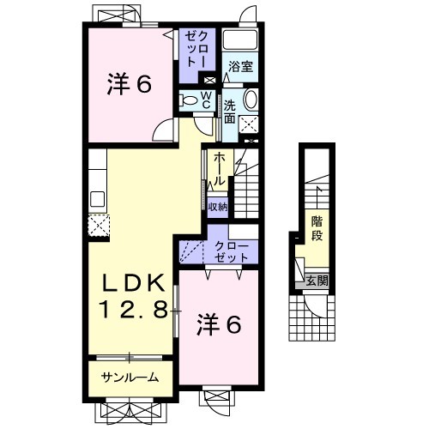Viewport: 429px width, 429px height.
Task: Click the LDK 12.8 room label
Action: (133, 296)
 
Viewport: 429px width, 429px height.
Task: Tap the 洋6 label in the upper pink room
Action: (129, 84)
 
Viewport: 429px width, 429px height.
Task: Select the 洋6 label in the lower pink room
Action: (219, 324)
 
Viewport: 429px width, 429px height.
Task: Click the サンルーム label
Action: (130, 378)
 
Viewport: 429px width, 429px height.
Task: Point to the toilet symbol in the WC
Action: (188, 100)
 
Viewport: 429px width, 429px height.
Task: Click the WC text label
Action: (206, 100)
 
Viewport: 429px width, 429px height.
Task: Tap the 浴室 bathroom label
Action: (240, 67)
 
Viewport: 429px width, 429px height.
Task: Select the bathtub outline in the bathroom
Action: (240, 39)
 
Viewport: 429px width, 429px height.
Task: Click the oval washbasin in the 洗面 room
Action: (251, 100)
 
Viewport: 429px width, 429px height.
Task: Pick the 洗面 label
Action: (229, 112)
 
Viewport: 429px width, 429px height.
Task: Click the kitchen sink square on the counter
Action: (97, 199)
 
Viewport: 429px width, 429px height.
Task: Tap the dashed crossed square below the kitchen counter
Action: (99, 226)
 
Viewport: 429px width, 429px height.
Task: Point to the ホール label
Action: (219, 169)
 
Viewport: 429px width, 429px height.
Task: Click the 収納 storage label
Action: (218, 207)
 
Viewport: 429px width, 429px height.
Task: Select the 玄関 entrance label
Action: (317, 281)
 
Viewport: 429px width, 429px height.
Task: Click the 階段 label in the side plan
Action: (317, 228)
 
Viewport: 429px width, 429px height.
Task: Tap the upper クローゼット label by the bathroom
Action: (196, 49)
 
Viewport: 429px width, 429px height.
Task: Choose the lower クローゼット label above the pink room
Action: (232, 252)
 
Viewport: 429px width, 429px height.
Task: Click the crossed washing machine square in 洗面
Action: (249, 124)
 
